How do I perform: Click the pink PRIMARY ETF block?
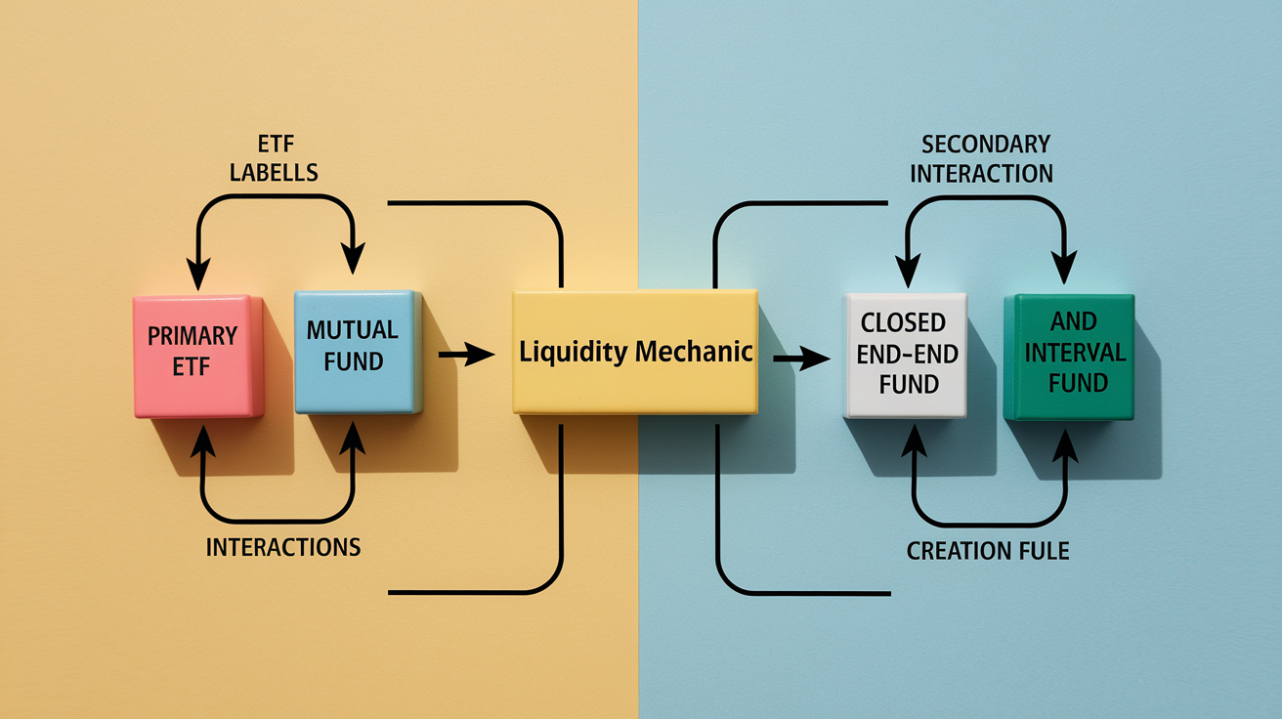coord(198,357)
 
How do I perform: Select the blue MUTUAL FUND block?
coord(359,352)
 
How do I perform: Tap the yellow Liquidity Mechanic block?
coord(635,352)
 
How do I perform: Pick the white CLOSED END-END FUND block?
coord(906,356)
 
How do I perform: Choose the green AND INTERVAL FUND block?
coord(1069,357)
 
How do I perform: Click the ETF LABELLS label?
coord(275,158)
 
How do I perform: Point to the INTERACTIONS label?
coord(283,547)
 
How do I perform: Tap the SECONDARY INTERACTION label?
coord(982,159)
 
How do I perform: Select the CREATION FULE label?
coord(988,551)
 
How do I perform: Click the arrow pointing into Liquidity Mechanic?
coord(466,355)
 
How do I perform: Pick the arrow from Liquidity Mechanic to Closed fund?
coord(801,359)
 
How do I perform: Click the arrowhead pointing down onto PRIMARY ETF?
coord(198,274)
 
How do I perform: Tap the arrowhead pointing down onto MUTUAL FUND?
coord(353,258)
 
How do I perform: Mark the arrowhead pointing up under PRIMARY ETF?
coord(202,442)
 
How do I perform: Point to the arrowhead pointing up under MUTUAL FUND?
coord(352,439)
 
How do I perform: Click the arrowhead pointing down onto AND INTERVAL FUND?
coord(1064,267)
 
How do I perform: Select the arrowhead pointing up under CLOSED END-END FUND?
coord(914,441)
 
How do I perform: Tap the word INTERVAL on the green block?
coord(1076,353)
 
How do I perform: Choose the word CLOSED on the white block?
coord(903,323)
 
